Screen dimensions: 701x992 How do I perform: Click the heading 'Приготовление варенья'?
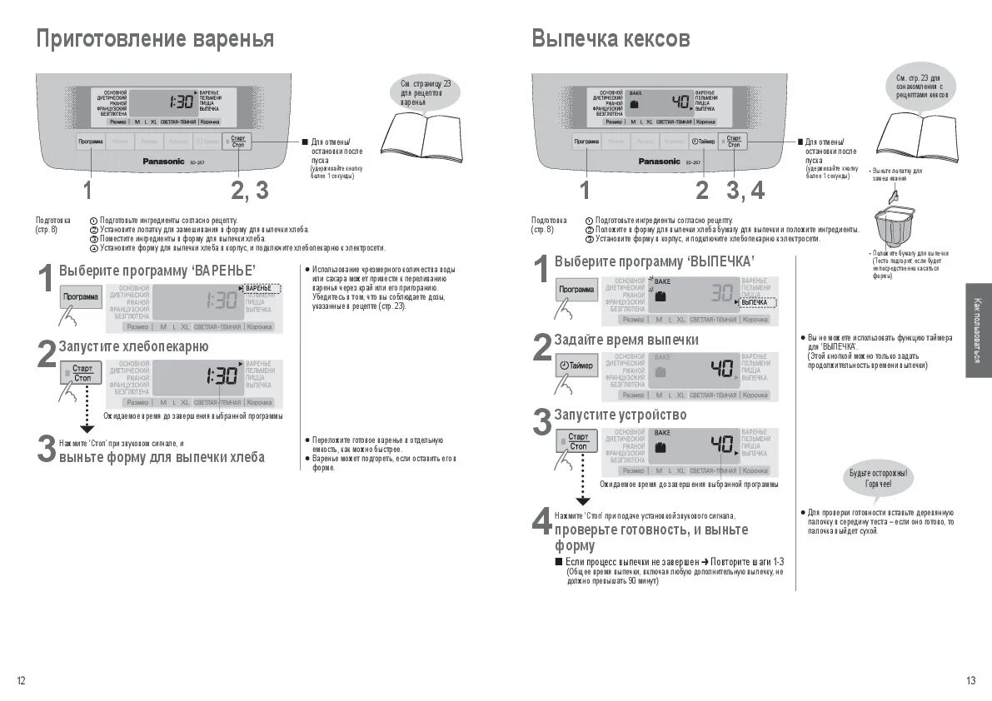click(x=154, y=38)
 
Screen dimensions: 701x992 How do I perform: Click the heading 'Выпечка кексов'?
click(x=611, y=38)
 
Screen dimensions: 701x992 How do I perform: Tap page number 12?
click(x=21, y=681)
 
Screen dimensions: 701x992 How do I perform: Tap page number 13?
click(x=970, y=681)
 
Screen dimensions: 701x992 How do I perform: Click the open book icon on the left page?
click(x=421, y=137)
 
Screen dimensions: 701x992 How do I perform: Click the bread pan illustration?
click(x=894, y=226)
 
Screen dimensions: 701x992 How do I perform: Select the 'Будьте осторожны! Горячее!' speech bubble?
click(x=880, y=478)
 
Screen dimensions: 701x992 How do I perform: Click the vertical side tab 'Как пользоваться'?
click(x=978, y=330)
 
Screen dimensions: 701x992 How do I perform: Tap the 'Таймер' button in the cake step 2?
click(x=576, y=366)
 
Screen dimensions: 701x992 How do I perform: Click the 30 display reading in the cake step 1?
click(x=721, y=293)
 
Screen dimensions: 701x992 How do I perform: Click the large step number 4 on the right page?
click(x=541, y=523)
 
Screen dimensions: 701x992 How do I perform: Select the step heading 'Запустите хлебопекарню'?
click(x=133, y=346)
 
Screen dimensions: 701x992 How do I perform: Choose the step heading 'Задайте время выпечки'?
click(x=626, y=340)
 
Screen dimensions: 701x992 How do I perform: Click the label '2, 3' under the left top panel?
click(x=250, y=191)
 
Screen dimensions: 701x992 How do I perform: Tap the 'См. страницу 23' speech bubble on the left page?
click(x=426, y=92)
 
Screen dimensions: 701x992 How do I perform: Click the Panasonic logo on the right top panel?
click(x=660, y=161)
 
